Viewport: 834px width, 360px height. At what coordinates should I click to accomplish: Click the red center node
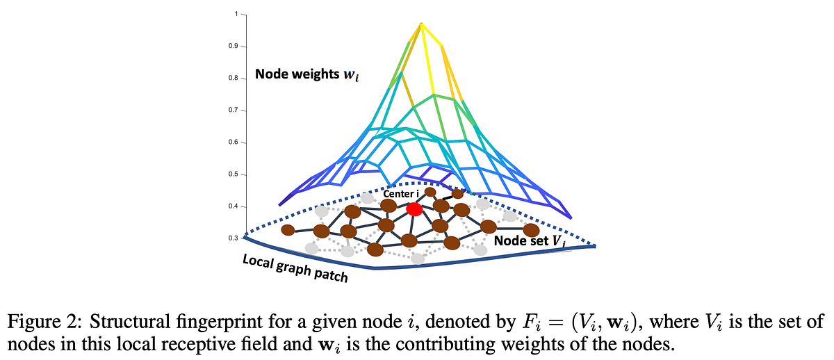coord(415,208)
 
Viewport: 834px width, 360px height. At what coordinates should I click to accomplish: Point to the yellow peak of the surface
coord(421,25)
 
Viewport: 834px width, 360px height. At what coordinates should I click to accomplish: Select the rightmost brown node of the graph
coord(532,229)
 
